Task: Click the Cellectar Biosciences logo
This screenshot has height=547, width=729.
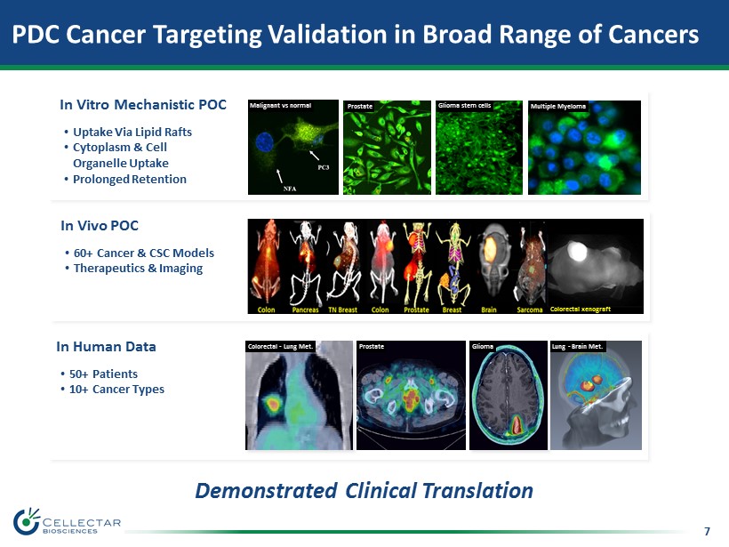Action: pyautogui.click(x=67, y=521)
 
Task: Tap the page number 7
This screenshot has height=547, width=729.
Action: pyautogui.click(x=707, y=531)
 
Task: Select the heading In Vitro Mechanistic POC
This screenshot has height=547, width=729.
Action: pyautogui.click(x=143, y=105)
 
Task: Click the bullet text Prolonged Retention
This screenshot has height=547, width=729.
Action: pyautogui.click(x=130, y=179)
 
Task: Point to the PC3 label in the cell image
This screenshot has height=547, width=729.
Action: pyautogui.click(x=323, y=167)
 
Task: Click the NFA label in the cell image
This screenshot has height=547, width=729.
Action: pyautogui.click(x=290, y=189)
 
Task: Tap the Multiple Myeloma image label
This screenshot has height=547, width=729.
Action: pyautogui.click(x=558, y=107)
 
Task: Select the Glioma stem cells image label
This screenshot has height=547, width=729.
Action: pyautogui.click(x=464, y=106)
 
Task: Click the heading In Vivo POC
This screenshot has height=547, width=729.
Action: pyautogui.click(x=100, y=226)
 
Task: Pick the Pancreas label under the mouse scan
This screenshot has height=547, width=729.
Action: pyautogui.click(x=306, y=310)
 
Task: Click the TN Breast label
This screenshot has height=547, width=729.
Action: pyautogui.click(x=342, y=310)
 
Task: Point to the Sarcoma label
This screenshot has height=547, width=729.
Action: pyautogui.click(x=530, y=310)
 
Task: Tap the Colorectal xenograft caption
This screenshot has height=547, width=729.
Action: pyautogui.click(x=581, y=309)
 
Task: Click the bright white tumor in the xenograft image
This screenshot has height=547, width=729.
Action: pyautogui.click(x=577, y=251)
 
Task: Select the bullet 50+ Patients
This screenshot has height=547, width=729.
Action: pyautogui.click(x=103, y=374)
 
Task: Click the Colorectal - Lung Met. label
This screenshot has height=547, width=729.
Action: pyautogui.click(x=280, y=347)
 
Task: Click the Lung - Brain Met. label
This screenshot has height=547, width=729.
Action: pyautogui.click(x=578, y=347)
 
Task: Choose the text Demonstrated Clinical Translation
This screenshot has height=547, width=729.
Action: pyautogui.click(x=364, y=491)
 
